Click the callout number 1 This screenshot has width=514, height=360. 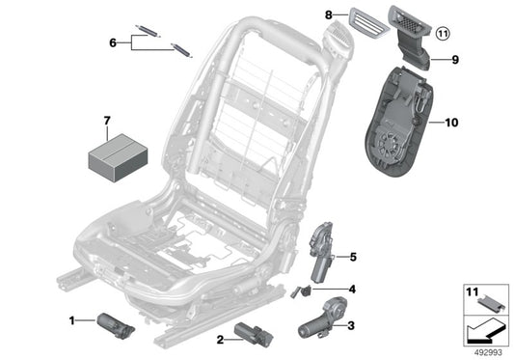(72, 319)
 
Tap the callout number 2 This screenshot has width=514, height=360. (221, 339)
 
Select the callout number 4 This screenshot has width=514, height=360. (352, 289)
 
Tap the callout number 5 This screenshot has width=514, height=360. (353, 257)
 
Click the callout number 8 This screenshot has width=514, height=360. (328, 15)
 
